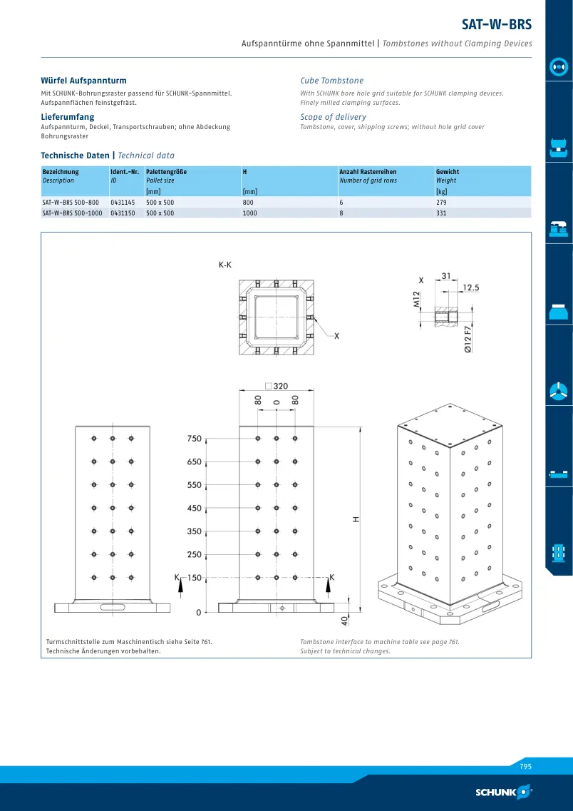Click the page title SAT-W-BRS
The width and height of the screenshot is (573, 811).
point(497,24)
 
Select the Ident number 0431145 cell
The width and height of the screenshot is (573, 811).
point(123,203)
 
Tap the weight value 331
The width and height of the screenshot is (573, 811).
point(441,213)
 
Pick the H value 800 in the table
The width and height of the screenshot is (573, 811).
point(248,203)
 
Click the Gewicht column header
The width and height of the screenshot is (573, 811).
point(448,172)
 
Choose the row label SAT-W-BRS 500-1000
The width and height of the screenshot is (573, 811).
point(72,213)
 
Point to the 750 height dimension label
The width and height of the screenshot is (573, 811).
point(195,439)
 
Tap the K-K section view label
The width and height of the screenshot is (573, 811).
point(225,265)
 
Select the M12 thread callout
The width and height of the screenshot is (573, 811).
point(417,299)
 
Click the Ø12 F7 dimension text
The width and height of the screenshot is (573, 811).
point(468,340)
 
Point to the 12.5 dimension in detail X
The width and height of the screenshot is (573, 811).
point(470,287)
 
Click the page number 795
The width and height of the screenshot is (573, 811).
point(526,767)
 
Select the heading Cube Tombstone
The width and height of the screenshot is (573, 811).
point(331,81)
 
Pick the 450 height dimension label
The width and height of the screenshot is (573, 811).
point(195,509)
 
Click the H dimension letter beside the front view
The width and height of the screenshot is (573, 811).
point(356,519)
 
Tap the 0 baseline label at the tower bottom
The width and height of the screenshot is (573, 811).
point(198,613)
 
